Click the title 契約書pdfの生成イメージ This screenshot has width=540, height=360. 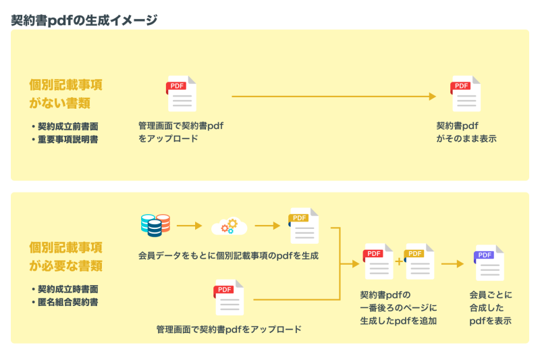coord(84,20)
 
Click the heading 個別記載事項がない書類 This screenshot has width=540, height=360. coord(65,94)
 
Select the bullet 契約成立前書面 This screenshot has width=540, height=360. coord(69,126)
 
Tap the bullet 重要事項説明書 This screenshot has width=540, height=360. coord(69,140)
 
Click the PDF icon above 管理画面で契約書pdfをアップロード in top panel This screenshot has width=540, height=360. coord(182,95)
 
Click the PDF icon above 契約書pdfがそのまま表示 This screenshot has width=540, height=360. coord(466,95)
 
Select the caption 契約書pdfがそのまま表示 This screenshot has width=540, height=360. coord(466,132)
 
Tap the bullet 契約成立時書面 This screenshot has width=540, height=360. coord(69,289)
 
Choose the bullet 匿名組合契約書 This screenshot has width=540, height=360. coord(69,302)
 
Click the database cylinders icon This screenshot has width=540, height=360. coord(155,226)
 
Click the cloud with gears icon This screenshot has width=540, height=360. coord(230,226)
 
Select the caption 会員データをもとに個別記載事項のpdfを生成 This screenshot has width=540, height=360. coord(228,256)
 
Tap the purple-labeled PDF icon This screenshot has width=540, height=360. coord(489,263)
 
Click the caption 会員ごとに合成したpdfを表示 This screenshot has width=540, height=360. coord(490,308)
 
